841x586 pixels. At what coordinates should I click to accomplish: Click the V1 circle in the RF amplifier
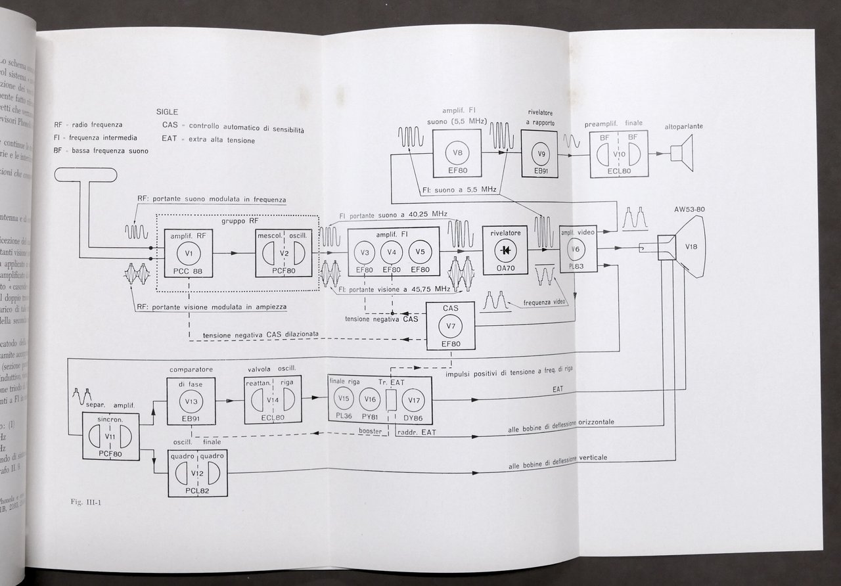pyautogui.click(x=189, y=252)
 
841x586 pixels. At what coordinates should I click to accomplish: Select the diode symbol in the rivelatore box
pyautogui.click(x=507, y=251)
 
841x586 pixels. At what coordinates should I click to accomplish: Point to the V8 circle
pyautogui.click(x=457, y=154)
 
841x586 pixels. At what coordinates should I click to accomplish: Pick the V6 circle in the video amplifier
pyautogui.click(x=576, y=249)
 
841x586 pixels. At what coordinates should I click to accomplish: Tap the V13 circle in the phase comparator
pyautogui.click(x=191, y=401)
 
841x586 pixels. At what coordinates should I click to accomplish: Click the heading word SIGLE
pyautogui.click(x=169, y=112)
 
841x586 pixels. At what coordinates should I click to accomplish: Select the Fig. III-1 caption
pyautogui.click(x=83, y=503)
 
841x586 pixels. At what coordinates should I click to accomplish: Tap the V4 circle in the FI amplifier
pyautogui.click(x=392, y=252)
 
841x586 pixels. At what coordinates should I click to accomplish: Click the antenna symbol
pyautogui.click(x=85, y=175)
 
